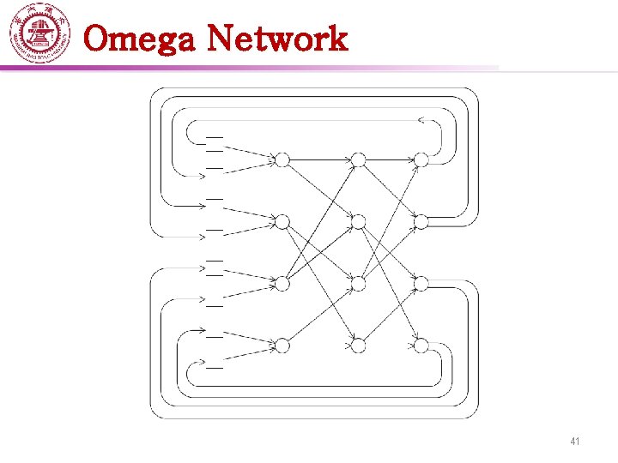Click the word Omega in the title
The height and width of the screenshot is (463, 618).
[x=141, y=39]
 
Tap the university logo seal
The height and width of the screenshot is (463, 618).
[x=39, y=34]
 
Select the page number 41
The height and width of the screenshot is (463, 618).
[x=575, y=442]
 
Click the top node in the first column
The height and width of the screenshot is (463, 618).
[x=282, y=159]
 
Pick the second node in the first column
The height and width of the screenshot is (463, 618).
[x=282, y=222]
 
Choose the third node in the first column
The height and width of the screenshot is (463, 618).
[x=282, y=283]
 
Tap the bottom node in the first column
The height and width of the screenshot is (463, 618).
[x=282, y=346]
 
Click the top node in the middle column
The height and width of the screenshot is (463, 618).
[x=359, y=159]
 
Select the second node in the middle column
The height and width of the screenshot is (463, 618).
[x=359, y=222]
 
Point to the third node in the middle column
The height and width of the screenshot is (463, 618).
[x=359, y=283]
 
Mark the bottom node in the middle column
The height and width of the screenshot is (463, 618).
[x=359, y=346]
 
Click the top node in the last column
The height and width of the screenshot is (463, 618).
[x=421, y=159]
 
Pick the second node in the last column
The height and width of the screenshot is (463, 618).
[x=421, y=222]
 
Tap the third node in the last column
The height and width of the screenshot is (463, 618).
[x=421, y=283]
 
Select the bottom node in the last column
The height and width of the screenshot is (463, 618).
[x=421, y=346]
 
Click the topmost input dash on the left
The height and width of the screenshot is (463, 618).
[x=215, y=135]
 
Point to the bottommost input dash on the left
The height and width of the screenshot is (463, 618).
[x=215, y=367]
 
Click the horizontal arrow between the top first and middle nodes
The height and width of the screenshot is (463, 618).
[x=320, y=159]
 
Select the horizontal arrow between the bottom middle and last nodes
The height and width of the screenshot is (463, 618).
[x=390, y=346]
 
